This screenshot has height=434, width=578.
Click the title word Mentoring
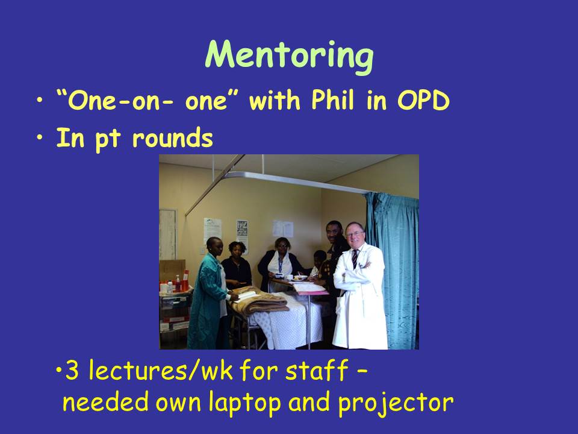coord(290,56)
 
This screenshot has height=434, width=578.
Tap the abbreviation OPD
coord(423,100)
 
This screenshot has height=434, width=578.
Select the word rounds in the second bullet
coord(173,137)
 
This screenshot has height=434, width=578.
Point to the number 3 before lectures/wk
coord(72,370)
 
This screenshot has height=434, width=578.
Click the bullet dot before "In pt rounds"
coord(40,137)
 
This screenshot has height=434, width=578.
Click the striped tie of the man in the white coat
coord(355,259)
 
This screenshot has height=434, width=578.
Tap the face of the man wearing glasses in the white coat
coord(355,235)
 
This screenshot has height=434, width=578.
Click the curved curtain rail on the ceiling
coord(295,180)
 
